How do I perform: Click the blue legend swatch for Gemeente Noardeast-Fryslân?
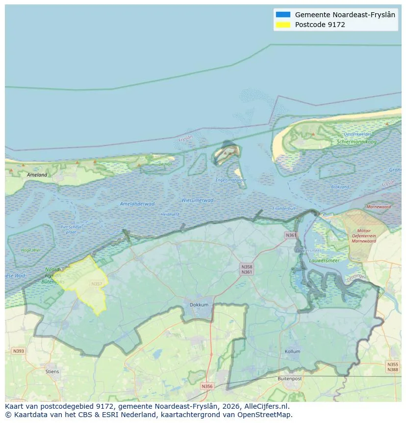tap(283, 15)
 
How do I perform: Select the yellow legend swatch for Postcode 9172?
tap(283, 25)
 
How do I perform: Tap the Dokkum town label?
tap(199, 305)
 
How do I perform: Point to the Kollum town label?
tap(292, 352)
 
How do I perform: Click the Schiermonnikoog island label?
tap(356, 142)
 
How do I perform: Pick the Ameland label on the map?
tap(37, 175)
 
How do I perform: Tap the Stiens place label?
tap(52, 371)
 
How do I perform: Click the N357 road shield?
tap(97, 284)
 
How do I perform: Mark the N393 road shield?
tap(18, 351)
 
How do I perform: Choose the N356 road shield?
tap(207, 386)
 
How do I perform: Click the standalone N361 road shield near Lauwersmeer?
tap(291, 235)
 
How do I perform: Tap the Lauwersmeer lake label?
tap(325, 260)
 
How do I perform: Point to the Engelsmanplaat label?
tap(231, 180)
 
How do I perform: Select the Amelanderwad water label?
tap(137, 204)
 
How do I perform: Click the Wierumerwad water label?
tap(198, 200)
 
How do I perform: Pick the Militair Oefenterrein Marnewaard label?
tap(364, 236)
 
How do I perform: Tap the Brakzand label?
tap(340, 187)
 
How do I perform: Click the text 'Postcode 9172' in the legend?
tap(320, 25)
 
